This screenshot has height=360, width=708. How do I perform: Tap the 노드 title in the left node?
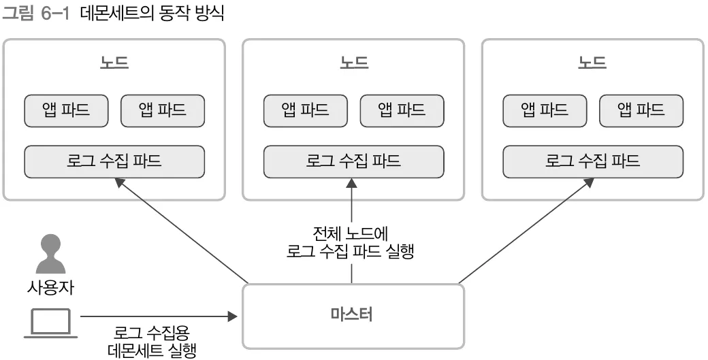pyautogui.click(x=114, y=63)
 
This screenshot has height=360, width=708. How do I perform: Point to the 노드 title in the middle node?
pyautogui.click(x=353, y=63)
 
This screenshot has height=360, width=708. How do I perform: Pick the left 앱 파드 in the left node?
pyautogui.click(x=66, y=110)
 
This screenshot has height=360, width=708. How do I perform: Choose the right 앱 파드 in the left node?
pyautogui.click(x=162, y=110)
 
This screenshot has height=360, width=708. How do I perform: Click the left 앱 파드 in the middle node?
pyautogui.click(x=306, y=110)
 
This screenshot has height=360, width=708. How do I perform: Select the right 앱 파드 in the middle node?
pyautogui.click(x=402, y=110)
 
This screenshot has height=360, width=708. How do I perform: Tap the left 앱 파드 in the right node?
pyautogui.click(x=545, y=110)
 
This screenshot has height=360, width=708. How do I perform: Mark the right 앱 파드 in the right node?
pyautogui.click(x=641, y=110)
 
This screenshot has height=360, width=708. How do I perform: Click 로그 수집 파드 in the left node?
pyautogui.click(x=114, y=161)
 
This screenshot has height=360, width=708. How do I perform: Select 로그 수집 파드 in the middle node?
pyautogui.click(x=353, y=161)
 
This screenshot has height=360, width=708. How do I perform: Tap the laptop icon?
pyautogui.click(x=51, y=323)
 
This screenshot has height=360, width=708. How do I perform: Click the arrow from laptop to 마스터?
pyautogui.click(x=157, y=316)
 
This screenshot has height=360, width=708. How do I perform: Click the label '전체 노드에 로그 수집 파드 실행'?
pyautogui.click(x=351, y=244)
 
